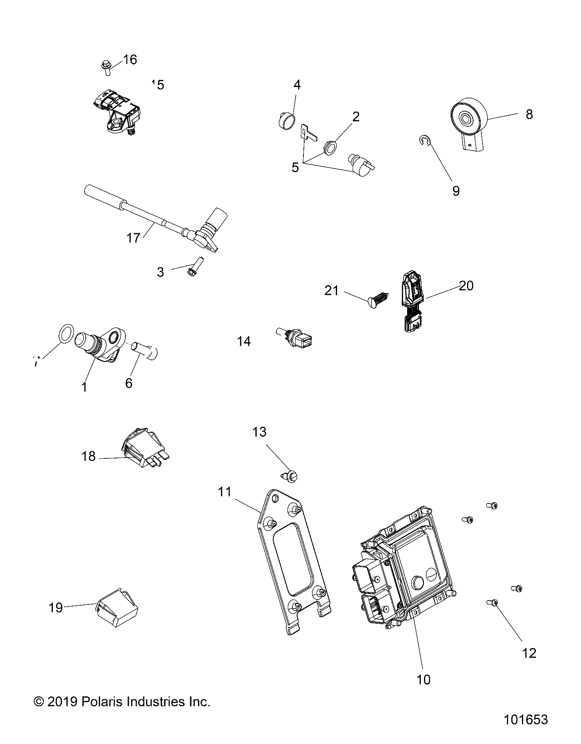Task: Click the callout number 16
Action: (x=130, y=60)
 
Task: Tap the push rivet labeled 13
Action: (x=291, y=476)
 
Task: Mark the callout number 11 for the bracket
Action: (x=225, y=492)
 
